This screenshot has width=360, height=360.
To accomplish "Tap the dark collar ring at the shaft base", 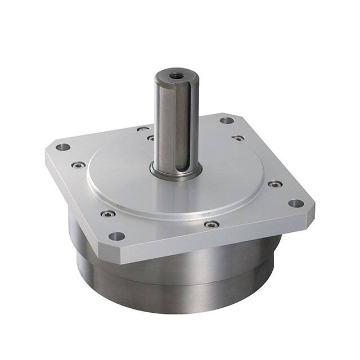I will pos(175,172).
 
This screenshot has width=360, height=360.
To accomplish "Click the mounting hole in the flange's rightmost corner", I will pos(295,203).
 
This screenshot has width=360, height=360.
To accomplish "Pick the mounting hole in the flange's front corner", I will pos(116,236).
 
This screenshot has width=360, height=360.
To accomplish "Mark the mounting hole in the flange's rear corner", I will pos(227,120).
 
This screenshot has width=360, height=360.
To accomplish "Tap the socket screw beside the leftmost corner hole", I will pos(79,165).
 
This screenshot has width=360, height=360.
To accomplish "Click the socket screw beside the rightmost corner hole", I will pos(274,184).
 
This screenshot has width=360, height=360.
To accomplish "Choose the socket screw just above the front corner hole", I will pos(108,214).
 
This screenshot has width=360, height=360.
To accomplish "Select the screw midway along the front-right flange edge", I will pos(211,224).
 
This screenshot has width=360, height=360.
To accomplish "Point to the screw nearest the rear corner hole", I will pos(238,137).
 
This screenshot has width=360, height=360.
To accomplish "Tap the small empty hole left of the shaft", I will pos(143,129).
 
